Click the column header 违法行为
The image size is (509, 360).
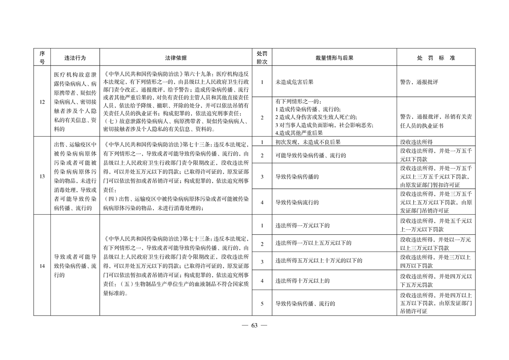point(75,58)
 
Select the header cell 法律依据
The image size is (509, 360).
point(176,58)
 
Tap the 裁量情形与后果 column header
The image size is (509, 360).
point(334,58)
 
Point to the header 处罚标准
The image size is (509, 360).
point(436,58)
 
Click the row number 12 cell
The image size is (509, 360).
point(42,101)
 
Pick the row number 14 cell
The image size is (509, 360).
point(42,266)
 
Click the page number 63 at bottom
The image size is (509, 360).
point(254,325)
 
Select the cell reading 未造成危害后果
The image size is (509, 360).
point(294,82)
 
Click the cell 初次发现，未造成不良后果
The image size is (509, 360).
point(308,142)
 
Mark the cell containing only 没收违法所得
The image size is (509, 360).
point(416,142)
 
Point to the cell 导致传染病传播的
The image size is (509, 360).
point(297,177)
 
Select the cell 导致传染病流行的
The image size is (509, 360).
point(297,202)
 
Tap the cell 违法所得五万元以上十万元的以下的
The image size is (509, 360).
point(319,261)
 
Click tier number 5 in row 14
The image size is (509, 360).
point(262,303)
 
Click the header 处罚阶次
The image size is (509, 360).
point(262,58)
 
